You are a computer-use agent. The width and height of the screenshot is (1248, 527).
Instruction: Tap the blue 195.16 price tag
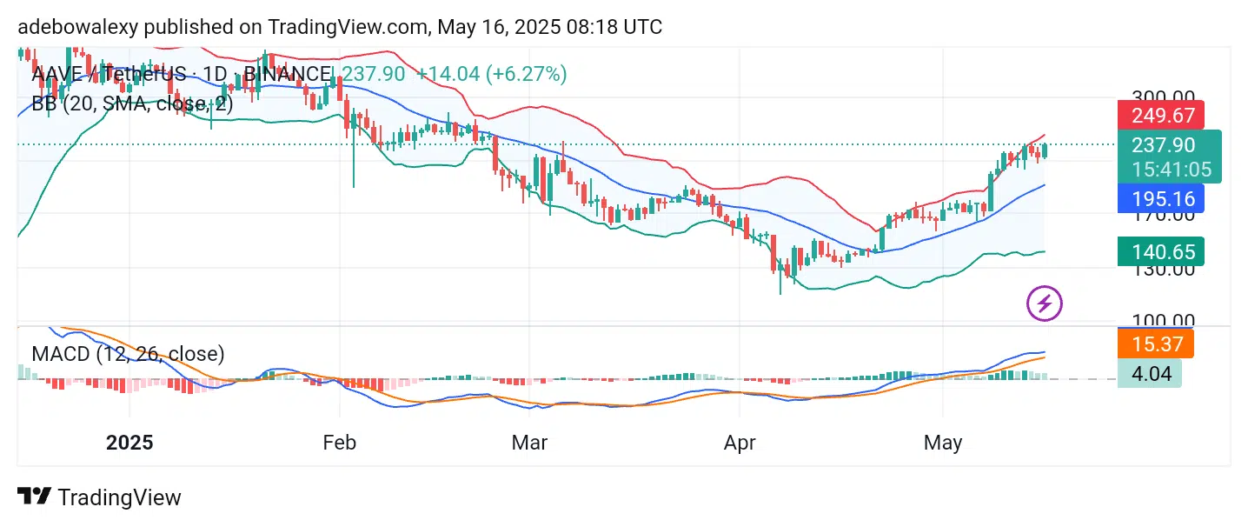(x=1160, y=198)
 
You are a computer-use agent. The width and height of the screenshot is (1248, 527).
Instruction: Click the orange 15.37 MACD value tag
(x=1156, y=344)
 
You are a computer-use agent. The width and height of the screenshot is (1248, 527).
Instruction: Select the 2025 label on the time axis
(x=129, y=443)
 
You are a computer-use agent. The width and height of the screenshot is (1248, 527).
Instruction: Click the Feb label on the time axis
(x=339, y=443)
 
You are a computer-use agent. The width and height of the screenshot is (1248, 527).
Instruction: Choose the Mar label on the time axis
(x=529, y=443)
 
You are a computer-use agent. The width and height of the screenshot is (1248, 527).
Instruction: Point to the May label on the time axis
(x=943, y=443)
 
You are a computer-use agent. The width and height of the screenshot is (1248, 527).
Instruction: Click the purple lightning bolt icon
(x=1045, y=304)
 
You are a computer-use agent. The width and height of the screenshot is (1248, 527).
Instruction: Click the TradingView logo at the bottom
(x=99, y=497)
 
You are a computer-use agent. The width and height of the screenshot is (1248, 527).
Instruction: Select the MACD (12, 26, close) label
(x=128, y=354)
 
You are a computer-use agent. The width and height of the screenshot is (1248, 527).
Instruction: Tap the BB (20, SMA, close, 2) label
(x=132, y=103)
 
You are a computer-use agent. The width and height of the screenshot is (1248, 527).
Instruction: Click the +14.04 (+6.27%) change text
(x=491, y=74)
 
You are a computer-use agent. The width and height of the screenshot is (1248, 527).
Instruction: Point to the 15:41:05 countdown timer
(x=1170, y=169)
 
